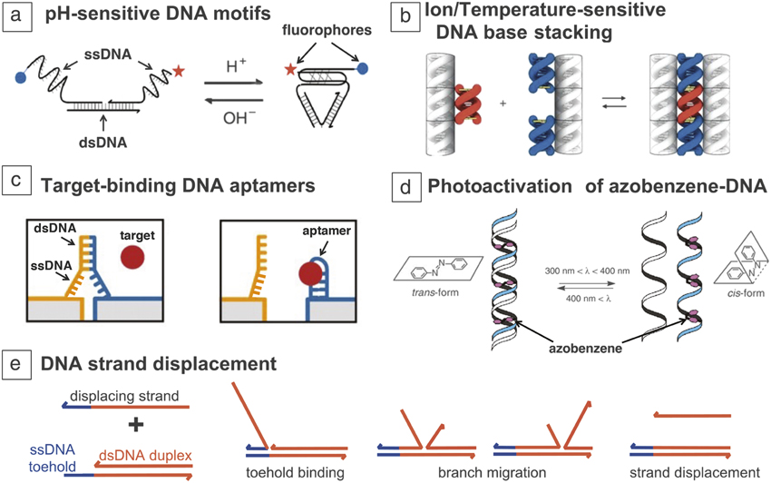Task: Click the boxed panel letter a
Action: (17, 15)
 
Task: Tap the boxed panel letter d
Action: (405, 188)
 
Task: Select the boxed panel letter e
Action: (15, 365)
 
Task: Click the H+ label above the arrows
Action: (236, 65)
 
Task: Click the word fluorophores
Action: (327, 30)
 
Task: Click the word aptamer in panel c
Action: (327, 231)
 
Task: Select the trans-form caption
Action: (435, 292)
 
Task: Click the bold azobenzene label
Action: (585, 349)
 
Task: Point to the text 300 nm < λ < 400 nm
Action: (587, 271)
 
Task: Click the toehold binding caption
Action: (295, 473)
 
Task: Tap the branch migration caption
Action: (493, 473)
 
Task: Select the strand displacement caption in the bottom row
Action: (695, 473)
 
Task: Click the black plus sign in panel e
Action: (136, 425)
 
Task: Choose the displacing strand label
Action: (124, 396)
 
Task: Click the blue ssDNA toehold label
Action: (52, 458)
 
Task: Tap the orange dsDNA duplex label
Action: (145, 456)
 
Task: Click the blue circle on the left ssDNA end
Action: (21, 77)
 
